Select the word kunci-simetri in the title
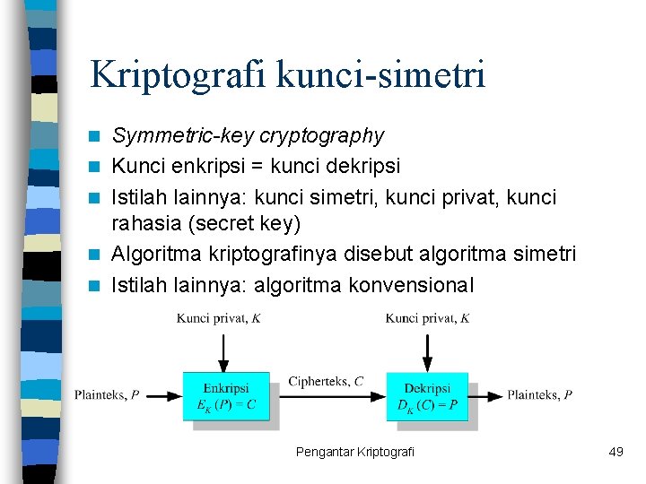381,74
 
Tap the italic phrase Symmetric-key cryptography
248,136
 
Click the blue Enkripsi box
226,396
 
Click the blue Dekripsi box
427,396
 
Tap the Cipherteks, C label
326,382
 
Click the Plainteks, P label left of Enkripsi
107,395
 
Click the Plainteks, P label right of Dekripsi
539,395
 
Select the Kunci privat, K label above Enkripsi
218,318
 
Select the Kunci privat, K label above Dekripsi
427,318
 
